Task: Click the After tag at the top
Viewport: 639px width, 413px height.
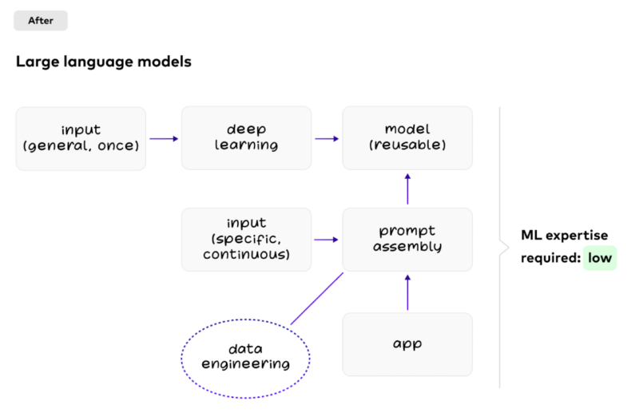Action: [x=41, y=21]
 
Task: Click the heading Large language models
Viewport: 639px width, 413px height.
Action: [x=103, y=62]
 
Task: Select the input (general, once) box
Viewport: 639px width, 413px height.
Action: [x=81, y=138]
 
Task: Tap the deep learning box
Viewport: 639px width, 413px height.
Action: [x=246, y=138]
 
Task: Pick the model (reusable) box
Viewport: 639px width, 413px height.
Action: [x=407, y=138]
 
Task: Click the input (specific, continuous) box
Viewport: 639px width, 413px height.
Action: [x=246, y=239]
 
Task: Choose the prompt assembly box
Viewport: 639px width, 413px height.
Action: [x=407, y=239]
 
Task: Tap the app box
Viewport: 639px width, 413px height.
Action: [x=407, y=344]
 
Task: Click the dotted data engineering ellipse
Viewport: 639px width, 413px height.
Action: [x=246, y=356]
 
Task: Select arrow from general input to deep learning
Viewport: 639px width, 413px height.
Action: [x=164, y=139]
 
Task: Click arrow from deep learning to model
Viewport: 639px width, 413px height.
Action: [x=326, y=139]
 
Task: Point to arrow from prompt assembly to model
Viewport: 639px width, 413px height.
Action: [x=407, y=189]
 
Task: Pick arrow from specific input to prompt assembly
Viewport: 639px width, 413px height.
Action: [x=326, y=239]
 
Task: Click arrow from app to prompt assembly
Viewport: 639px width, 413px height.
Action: [x=407, y=292]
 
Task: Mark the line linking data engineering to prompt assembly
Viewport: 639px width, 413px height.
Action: [x=316, y=299]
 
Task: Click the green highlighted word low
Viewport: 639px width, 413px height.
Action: [x=600, y=258]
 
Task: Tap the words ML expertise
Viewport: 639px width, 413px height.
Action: [x=564, y=236]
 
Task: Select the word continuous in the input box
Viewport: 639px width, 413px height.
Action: [x=246, y=255]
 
